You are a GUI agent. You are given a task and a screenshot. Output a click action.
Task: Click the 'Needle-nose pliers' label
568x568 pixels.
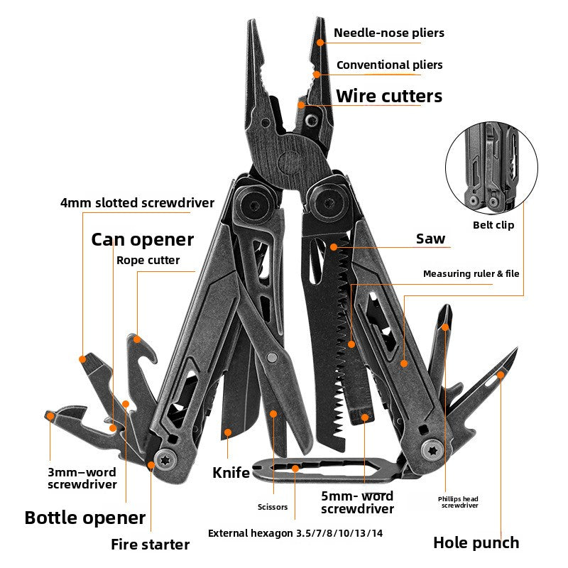(388, 33)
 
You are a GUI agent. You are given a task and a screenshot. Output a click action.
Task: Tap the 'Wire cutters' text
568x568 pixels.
(389, 97)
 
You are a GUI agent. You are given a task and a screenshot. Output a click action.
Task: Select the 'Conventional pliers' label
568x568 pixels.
(389, 65)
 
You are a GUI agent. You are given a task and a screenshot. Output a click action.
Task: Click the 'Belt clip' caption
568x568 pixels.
(493, 225)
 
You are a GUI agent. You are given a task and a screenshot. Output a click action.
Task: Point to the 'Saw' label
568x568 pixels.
(430, 239)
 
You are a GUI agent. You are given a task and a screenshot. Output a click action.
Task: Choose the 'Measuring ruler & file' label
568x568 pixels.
(471, 273)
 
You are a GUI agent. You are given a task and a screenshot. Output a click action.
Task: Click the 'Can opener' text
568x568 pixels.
(143, 240)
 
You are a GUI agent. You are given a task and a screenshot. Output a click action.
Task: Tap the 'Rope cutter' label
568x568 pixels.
(148, 260)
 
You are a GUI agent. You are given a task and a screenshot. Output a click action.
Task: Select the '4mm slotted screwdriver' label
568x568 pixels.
(137, 203)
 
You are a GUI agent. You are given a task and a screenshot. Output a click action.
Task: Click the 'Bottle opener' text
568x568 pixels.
(85, 518)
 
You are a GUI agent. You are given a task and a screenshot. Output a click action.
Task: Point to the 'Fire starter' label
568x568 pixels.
(150, 545)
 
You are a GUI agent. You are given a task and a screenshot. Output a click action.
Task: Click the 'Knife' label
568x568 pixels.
(231, 473)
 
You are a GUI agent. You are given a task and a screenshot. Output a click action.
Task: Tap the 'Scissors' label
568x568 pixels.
(273, 507)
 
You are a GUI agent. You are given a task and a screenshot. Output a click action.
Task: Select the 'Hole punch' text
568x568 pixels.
(476, 543)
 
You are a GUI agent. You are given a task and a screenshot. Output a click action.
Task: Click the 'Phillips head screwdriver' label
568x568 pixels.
(458, 502)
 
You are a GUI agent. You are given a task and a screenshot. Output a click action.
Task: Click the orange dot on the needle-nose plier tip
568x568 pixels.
(320, 43)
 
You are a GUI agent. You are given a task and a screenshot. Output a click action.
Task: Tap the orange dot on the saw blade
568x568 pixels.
(334, 247)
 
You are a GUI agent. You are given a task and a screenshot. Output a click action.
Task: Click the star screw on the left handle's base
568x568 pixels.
(165, 460)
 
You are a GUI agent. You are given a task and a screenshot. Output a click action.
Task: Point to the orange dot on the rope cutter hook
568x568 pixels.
(137, 339)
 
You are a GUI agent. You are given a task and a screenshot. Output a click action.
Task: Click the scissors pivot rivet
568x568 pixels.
(272, 358)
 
